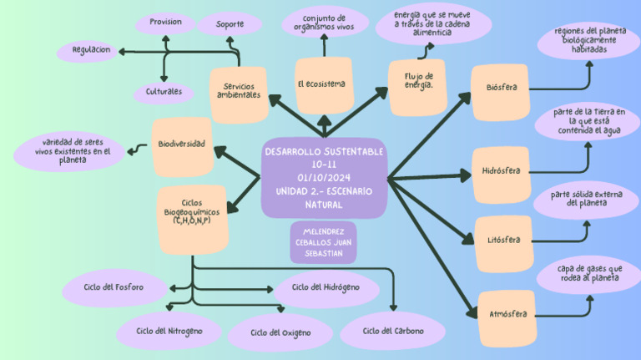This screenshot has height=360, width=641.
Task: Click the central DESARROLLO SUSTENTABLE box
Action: point(323,178)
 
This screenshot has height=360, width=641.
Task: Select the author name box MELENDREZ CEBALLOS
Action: point(324,242)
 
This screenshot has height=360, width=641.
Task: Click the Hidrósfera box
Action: point(501,172)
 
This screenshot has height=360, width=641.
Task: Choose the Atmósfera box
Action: point(507,316)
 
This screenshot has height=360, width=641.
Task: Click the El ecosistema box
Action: point(323,85)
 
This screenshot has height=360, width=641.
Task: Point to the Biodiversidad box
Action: point(182,145)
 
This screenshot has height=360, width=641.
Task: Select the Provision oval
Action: point(165,23)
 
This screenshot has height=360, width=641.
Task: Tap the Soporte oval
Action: point(230,24)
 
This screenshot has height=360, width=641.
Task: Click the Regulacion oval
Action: point(91,51)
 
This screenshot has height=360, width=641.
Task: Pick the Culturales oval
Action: point(164,92)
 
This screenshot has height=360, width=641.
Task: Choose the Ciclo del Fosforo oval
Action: point(114,288)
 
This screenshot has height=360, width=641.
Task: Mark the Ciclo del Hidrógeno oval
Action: point(326,287)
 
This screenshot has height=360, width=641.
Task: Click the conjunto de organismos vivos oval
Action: point(324,23)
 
